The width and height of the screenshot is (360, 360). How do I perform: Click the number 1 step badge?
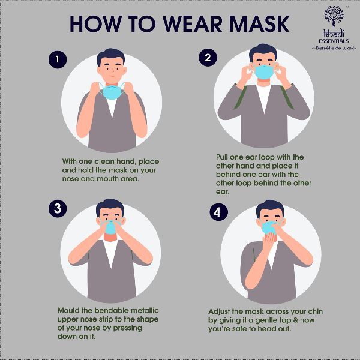[x=58, y=59]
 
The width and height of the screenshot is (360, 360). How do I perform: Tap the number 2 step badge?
[x=208, y=58]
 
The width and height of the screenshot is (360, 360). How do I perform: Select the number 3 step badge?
[x=58, y=208]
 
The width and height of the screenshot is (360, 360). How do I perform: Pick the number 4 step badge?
[x=218, y=212]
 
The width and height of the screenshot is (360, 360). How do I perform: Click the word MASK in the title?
[x=259, y=24]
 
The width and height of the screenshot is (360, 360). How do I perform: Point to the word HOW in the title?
[x=96, y=24]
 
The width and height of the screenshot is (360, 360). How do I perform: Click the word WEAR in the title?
[x=193, y=24]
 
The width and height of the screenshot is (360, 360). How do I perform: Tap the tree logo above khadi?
[x=334, y=16]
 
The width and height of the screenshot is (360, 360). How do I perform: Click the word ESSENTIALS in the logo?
[x=334, y=41]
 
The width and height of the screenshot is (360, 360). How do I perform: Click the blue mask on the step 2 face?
[x=264, y=72]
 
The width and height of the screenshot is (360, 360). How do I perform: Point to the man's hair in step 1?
[x=110, y=56]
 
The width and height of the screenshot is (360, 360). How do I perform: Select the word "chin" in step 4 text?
[x=315, y=311]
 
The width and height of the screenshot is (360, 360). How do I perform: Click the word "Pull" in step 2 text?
[x=222, y=157]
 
